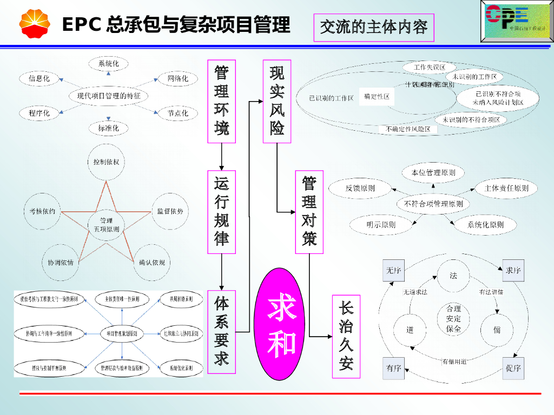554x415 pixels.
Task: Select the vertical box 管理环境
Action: pos(222,101)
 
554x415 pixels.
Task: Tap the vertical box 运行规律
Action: pos(222,212)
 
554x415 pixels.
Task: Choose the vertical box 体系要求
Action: pos(222,331)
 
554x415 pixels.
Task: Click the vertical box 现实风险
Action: pos(277,101)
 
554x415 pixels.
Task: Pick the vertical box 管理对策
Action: pos(309,212)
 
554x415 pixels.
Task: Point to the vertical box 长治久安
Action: pos(346,336)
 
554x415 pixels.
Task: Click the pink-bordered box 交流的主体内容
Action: pos(374,27)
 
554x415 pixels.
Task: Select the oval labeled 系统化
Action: pos(109,64)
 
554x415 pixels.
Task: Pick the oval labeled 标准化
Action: pos(109,128)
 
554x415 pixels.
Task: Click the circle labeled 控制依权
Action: pos(106,162)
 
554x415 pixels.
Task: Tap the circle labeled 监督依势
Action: pos(170,211)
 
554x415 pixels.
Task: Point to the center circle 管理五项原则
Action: pos(107,225)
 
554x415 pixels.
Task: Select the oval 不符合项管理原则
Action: pos(433,204)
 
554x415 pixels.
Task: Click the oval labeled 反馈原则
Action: pos(360,188)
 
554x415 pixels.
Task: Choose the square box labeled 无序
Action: pos(393,270)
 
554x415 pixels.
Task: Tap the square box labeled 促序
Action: pos(513,368)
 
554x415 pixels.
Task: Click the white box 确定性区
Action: pos(377,97)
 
